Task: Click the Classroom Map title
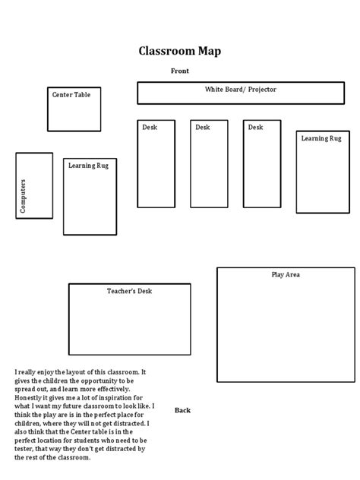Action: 180,51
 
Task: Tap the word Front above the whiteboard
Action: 180,71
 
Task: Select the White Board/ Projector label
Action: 240,90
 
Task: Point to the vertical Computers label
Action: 23,195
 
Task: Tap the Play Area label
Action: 286,275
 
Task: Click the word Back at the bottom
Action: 182,410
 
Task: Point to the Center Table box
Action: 74,114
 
